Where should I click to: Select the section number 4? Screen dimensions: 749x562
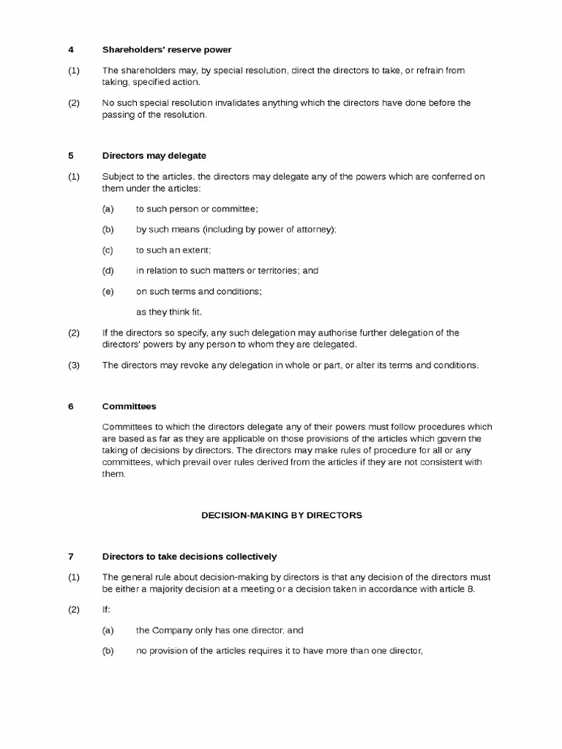71,50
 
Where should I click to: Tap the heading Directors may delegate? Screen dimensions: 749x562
154,156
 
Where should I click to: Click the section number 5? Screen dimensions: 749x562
71,156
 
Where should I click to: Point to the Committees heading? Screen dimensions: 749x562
129,406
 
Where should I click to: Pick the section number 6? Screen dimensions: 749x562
71,406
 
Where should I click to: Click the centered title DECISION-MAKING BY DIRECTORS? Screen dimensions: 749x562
282,515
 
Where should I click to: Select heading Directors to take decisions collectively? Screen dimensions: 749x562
189,557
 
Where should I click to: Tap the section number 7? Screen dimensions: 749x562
71,557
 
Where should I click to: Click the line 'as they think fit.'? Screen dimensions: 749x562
168,312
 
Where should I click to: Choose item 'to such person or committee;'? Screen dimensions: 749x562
197,209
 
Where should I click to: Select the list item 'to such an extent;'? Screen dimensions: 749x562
173,250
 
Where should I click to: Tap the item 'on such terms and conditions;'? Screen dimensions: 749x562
199,291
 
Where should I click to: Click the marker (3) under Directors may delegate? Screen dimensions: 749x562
73,365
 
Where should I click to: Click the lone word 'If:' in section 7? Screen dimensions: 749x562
107,609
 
